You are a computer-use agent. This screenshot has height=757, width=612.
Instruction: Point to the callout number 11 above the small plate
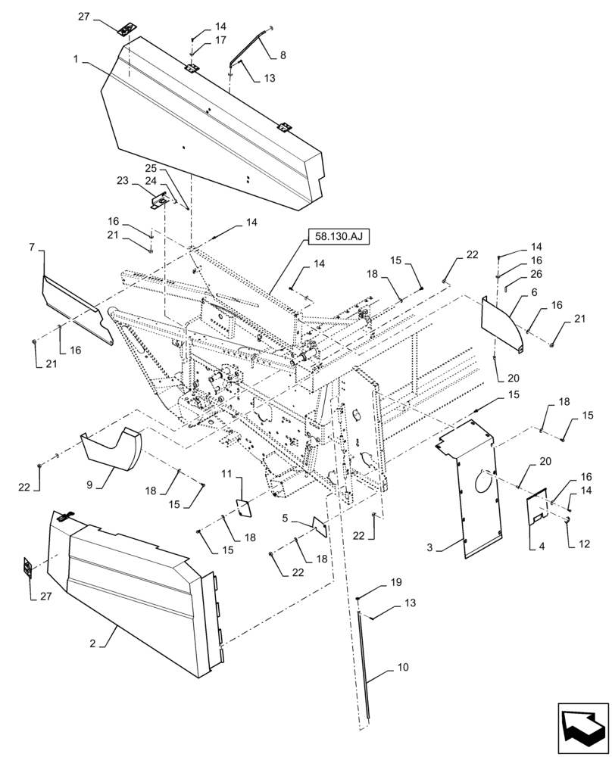(x=226, y=474)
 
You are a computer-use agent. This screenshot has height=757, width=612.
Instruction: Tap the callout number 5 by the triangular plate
(x=285, y=519)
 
